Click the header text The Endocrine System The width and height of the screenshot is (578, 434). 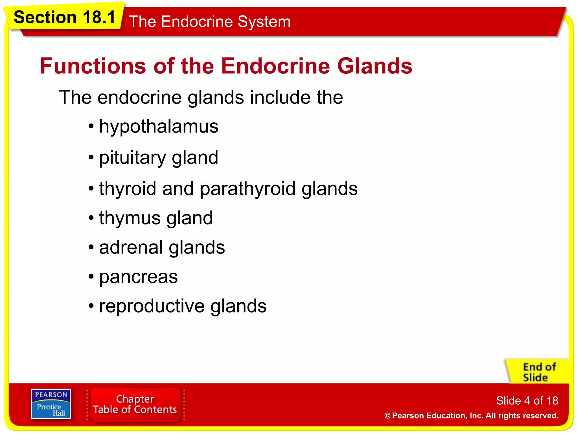point(209,22)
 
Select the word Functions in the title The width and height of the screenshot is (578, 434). point(93,66)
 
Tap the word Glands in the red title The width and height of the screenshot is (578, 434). point(375,66)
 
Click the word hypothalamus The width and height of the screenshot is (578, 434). point(159,127)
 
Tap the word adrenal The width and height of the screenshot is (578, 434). point(131,248)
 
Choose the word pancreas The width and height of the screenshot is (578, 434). point(138,277)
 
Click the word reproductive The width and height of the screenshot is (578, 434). point(152,306)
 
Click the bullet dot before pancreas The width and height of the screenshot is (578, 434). point(91,277)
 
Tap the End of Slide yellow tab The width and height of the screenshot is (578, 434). point(538,372)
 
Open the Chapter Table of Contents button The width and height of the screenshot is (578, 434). point(135,404)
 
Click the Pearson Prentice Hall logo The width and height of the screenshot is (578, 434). point(51,404)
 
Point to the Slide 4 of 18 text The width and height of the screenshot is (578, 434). point(527,401)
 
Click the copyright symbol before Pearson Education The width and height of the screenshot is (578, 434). point(387,416)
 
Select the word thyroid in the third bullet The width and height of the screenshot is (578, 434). point(128,189)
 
